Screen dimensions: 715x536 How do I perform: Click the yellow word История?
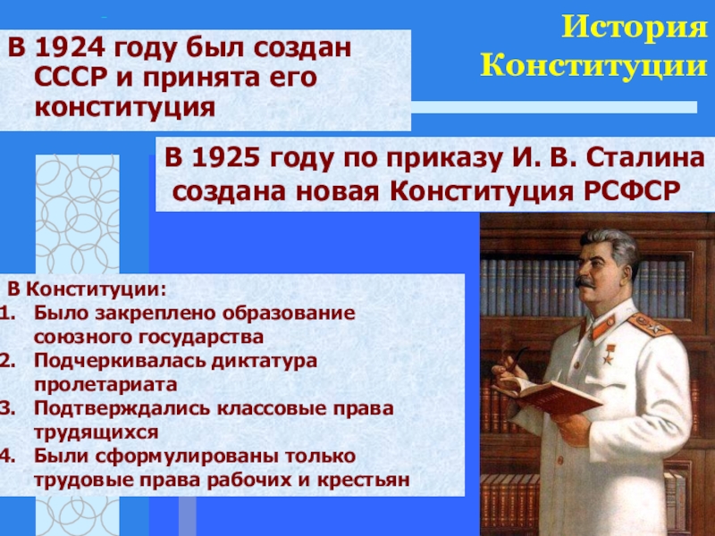634,28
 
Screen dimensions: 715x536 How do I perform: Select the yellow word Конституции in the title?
593,65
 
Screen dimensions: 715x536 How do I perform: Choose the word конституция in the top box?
124,108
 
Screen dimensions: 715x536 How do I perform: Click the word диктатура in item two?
264,361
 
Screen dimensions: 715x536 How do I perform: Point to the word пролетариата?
105,385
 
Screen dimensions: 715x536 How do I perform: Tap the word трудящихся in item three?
97,432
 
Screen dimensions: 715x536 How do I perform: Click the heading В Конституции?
87,289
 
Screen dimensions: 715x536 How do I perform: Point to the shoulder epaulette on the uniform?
650,324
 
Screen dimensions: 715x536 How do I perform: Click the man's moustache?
585,282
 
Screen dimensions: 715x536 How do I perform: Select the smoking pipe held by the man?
513,359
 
